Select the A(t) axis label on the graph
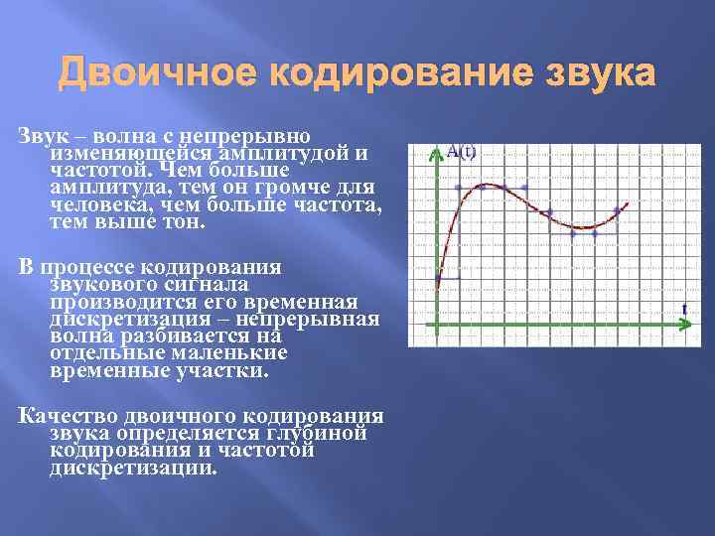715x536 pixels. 461,151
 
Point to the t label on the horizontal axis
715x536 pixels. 684,309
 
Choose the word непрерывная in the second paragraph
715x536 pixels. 316,319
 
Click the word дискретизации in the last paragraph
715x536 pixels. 130,468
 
